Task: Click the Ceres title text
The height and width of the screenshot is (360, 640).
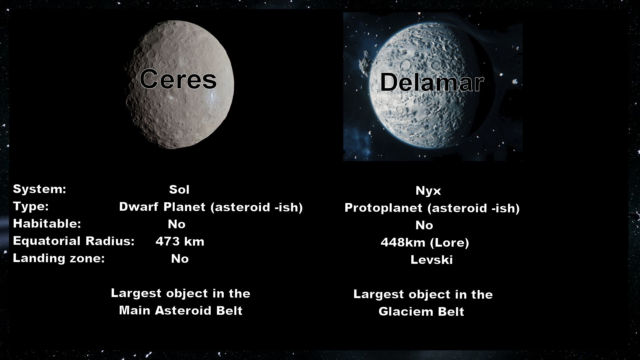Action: pyautogui.click(x=178, y=79)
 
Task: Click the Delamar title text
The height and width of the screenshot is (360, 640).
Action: pyautogui.click(x=432, y=83)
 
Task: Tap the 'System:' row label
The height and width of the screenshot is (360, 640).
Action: pyautogui.click(x=39, y=189)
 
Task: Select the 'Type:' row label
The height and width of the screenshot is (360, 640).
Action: pyautogui.click(x=31, y=206)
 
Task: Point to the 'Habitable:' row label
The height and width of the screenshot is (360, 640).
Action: pyautogui.click(x=47, y=224)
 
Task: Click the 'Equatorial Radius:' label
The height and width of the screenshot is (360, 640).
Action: pyautogui.click(x=74, y=241)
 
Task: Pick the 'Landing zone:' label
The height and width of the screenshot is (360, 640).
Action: pyautogui.click(x=59, y=258)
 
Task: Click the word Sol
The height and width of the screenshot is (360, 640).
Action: pyautogui.click(x=179, y=190)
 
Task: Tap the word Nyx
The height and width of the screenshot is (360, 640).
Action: pyautogui.click(x=428, y=191)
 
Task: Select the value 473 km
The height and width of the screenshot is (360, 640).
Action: pyautogui.click(x=180, y=241)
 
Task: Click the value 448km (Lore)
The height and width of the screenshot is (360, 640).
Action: pyautogui.click(x=425, y=243)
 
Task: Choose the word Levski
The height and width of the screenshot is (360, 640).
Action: pyautogui.click(x=431, y=260)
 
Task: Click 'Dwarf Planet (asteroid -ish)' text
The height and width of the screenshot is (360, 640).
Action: pyautogui.click(x=211, y=207)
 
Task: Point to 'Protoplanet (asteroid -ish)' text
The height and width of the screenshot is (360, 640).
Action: pyautogui.click(x=432, y=208)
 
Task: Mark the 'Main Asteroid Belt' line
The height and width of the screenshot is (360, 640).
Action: pyautogui.click(x=181, y=311)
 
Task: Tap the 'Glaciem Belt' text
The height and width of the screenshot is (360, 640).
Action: pyautogui.click(x=421, y=312)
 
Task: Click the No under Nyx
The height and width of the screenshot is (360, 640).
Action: pyautogui.click(x=424, y=226)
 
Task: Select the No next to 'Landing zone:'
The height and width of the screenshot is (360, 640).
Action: pyautogui.click(x=180, y=259)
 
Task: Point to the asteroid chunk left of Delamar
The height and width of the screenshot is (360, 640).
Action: pyautogui.click(x=364, y=63)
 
